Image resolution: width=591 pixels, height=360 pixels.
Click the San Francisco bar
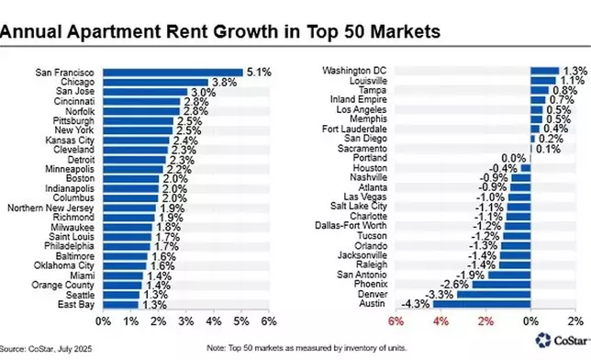(x=173, y=72)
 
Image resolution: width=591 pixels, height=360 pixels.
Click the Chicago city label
(x=78, y=82)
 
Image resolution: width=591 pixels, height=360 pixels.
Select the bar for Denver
(x=494, y=293)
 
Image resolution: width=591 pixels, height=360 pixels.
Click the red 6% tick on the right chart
(x=396, y=321)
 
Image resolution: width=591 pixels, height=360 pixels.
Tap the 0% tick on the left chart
(x=104, y=321)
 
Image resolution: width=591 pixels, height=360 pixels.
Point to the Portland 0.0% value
(x=513, y=158)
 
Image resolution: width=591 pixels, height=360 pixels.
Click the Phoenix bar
(x=502, y=284)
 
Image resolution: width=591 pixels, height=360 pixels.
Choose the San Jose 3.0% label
(x=200, y=91)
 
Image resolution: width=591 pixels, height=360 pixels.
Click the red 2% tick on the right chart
(x=485, y=321)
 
